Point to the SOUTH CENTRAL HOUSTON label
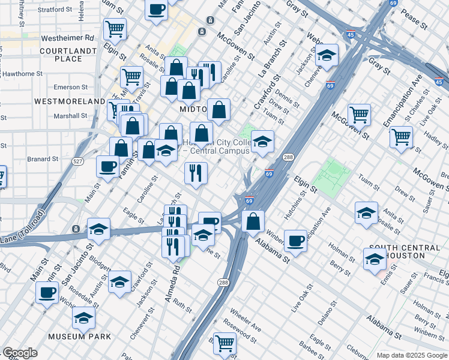[x=404, y=252]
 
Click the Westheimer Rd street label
[x=68, y=37]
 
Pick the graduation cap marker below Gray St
[x=327, y=55]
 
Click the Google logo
[x=20, y=353]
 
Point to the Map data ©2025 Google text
[x=411, y=355]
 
